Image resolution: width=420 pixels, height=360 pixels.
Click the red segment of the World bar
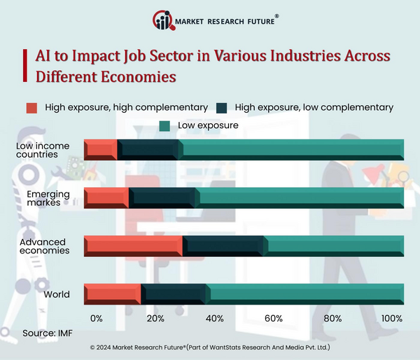tap(112, 294)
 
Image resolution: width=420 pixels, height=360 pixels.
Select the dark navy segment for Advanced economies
tap(223, 246)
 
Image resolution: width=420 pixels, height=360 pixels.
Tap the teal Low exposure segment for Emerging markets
tap(301, 198)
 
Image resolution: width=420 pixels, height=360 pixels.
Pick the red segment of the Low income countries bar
tap(101, 149)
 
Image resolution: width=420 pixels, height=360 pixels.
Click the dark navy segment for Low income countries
tap(148, 149)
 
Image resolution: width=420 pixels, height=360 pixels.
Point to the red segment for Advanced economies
tap(133, 246)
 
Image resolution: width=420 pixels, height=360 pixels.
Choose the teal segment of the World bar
tap(305, 294)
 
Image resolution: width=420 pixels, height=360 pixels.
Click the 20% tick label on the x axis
tap(155, 319)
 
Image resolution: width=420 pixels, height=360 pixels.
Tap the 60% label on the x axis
tap(274, 319)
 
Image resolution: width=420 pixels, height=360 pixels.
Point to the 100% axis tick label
tap(391, 319)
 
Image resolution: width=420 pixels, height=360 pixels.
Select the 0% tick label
tap(97, 319)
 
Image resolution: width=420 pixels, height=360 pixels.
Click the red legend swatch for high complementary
tap(31, 108)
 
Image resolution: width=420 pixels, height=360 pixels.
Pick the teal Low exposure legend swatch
tap(165, 126)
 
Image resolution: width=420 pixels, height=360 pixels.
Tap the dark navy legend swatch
tap(223, 108)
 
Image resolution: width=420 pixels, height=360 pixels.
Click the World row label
tap(57, 294)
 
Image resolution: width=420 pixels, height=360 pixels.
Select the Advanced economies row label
tap(45, 246)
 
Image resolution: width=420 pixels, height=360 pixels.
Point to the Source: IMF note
tap(46, 333)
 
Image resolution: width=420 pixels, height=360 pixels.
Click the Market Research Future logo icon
tap(163, 21)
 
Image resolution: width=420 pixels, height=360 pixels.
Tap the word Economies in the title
tap(135, 76)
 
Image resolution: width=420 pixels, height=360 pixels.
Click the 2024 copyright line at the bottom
tap(210, 347)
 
